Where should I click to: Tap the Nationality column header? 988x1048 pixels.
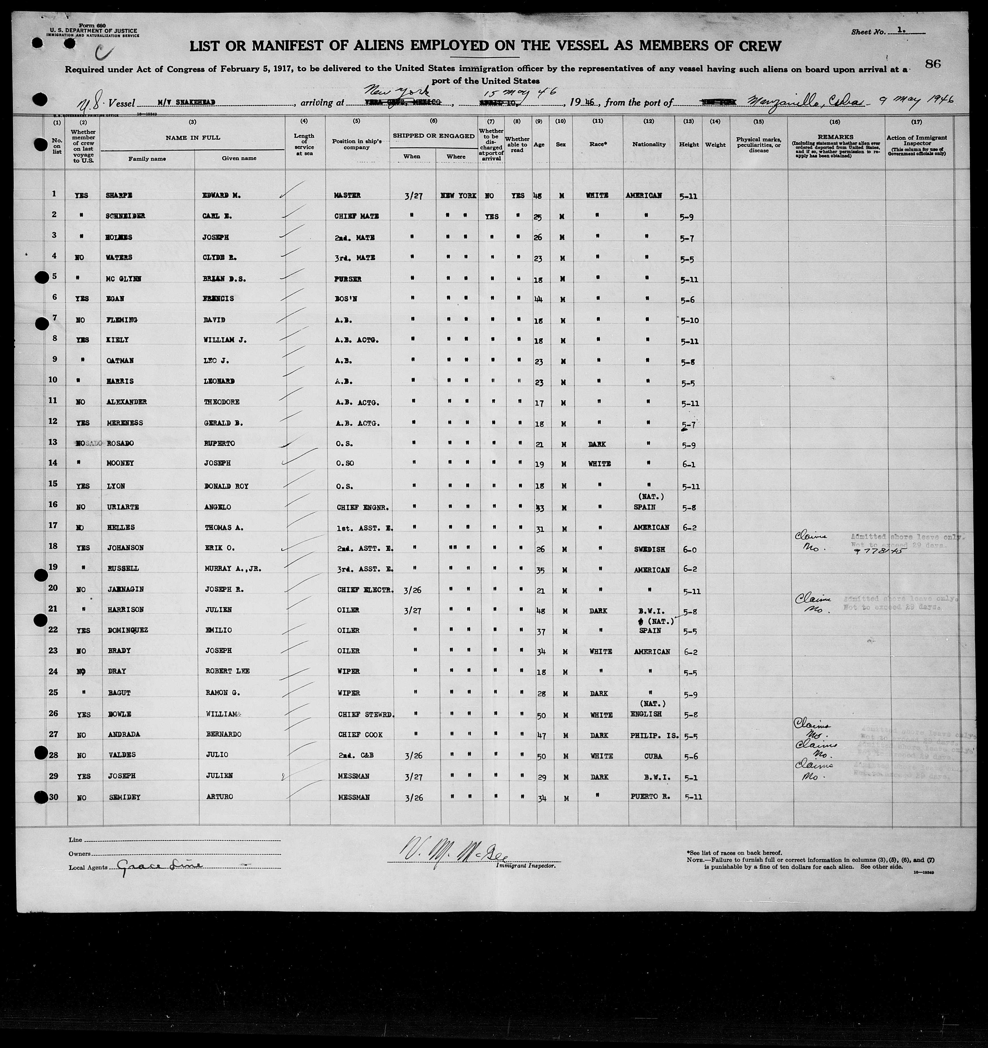pos(649,144)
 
